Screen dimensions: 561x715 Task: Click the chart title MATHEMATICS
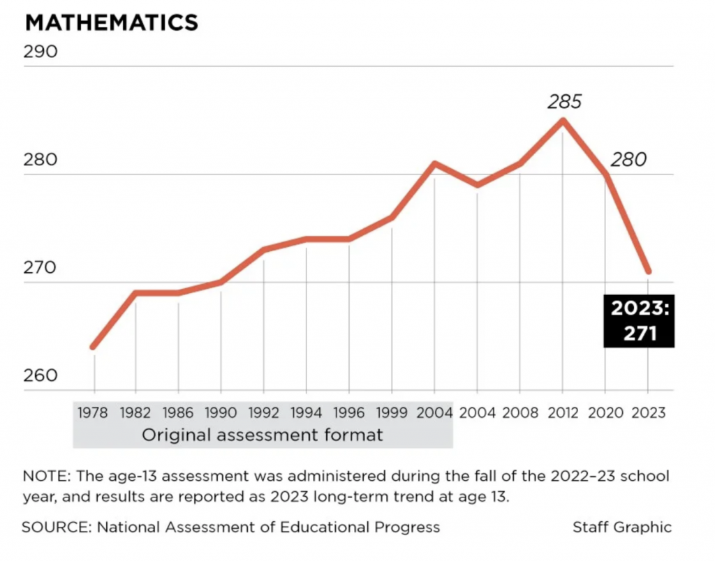(x=112, y=22)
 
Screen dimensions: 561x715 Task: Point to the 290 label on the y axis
(x=40, y=53)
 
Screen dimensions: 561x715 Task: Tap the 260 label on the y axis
(x=40, y=376)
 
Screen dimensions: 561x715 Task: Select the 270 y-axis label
(x=40, y=269)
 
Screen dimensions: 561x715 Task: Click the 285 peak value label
(x=563, y=102)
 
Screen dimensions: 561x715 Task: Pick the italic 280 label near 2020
(x=628, y=160)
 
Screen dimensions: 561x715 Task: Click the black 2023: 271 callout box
(x=640, y=321)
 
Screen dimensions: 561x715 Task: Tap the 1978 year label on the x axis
(x=94, y=412)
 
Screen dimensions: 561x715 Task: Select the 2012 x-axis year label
(x=563, y=412)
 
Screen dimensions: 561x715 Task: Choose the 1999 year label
(x=392, y=412)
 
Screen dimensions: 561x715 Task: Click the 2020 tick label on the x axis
(x=605, y=412)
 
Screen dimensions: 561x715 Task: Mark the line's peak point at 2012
(x=563, y=120)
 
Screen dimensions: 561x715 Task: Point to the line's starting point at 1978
(x=94, y=347)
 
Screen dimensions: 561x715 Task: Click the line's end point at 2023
(x=648, y=271)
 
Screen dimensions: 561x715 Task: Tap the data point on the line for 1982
(x=136, y=292)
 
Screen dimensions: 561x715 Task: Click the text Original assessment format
(x=263, y=435)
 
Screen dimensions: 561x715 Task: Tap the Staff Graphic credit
(x=622, y=527)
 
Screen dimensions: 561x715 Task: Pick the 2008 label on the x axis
(x=520, y=412)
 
